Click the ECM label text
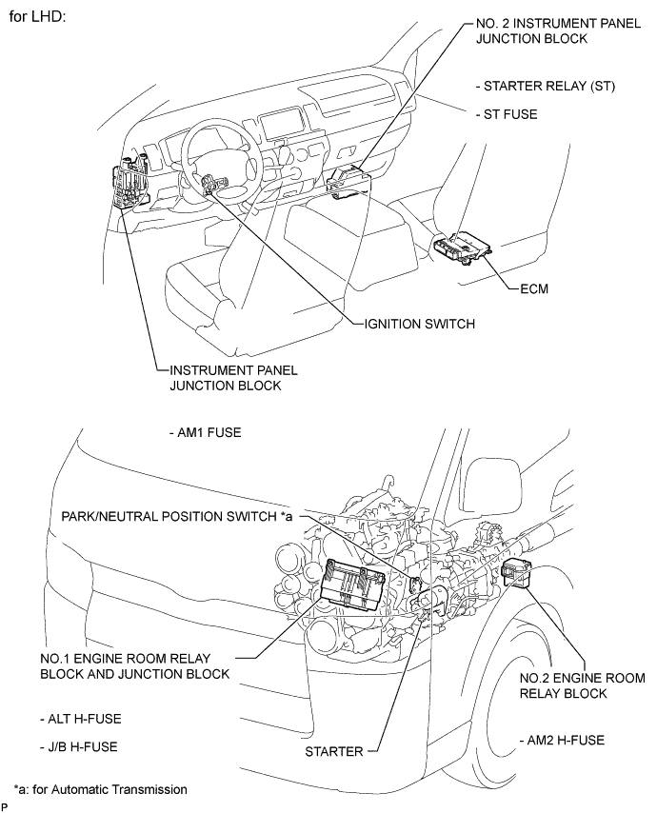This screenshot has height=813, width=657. tap(534, 288)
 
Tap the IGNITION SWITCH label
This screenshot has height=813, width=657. tap(420, 324)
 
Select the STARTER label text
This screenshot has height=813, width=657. tap(334, 752)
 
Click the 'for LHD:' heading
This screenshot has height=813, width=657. tap(37, 17)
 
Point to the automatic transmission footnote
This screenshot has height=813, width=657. tap(101, 789)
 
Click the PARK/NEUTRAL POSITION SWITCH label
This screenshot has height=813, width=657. tap(177, 516)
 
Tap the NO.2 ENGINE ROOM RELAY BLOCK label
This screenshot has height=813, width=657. tap(583, 686)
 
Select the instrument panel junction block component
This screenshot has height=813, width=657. tap(129, 183)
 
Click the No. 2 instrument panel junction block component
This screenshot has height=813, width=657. tap(348, 183)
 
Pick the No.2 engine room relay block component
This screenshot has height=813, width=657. tap(516, 573)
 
